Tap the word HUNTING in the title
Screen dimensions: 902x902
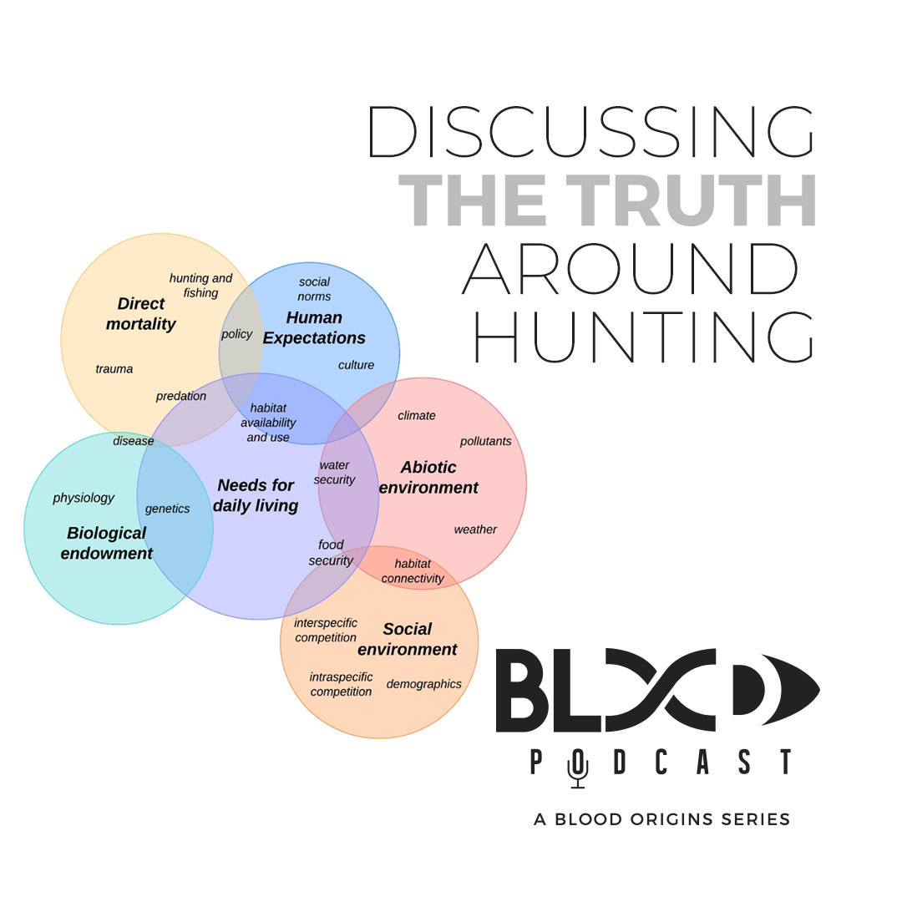(643, 337)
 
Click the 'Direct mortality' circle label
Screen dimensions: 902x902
(141, 314)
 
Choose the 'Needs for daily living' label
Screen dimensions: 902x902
(256, 495)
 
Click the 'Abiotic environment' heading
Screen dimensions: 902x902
(428, 478)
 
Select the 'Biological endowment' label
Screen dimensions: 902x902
(107, 543)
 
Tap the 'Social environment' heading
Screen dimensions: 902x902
(408, 639)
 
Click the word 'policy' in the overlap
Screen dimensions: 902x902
(236, 334)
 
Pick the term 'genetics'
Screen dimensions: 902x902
(167, 509)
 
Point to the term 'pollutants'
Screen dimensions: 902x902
(485, 441)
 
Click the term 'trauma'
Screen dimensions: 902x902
(114, 369)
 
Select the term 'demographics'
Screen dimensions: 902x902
(423, 684)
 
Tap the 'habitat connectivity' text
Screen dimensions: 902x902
(413, 571)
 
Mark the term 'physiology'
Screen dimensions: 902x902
(84, 498)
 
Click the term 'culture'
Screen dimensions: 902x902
(356, 365)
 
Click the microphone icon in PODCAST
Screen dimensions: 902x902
(577, 767)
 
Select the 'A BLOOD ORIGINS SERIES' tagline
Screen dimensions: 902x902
(661, 819)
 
